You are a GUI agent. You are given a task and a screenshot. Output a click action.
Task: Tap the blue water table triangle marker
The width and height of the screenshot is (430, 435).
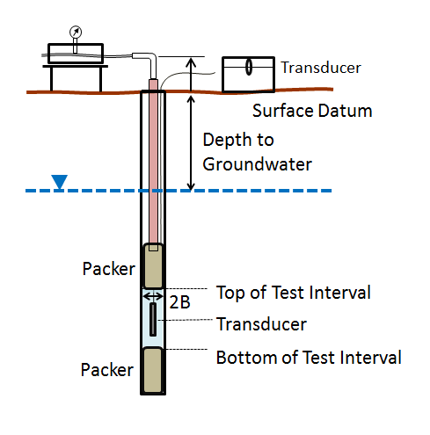pyautogui.click(x=59, y=182)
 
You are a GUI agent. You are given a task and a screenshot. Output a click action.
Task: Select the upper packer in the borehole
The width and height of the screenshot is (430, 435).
pyautogui.click(x=154, y=265)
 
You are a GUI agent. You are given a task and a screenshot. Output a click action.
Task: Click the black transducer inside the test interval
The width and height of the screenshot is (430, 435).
pyautogui.click(x=154, y=318)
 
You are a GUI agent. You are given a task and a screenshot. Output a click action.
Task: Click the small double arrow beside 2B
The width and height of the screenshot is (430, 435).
pyautogui.click(x=153, y=297)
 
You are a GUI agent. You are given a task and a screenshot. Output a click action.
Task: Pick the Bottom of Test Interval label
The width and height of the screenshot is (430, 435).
pyautogui.click(x=309, y=358)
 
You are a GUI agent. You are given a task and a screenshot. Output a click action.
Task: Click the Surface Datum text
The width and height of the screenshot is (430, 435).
pyautogui.click(x=312, y=112)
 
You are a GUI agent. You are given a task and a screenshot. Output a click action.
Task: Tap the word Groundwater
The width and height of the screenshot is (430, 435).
pyautogui.click(x=258, y=163)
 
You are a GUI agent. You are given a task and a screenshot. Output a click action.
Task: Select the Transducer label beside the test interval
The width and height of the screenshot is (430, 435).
pyautogui.click(x=261, y=324)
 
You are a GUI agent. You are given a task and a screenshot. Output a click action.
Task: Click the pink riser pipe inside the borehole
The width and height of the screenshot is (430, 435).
pyautogui.click(x=154, y=167)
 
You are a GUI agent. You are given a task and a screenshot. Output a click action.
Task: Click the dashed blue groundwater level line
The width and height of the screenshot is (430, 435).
pyautogui.click(x=264, y=190)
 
